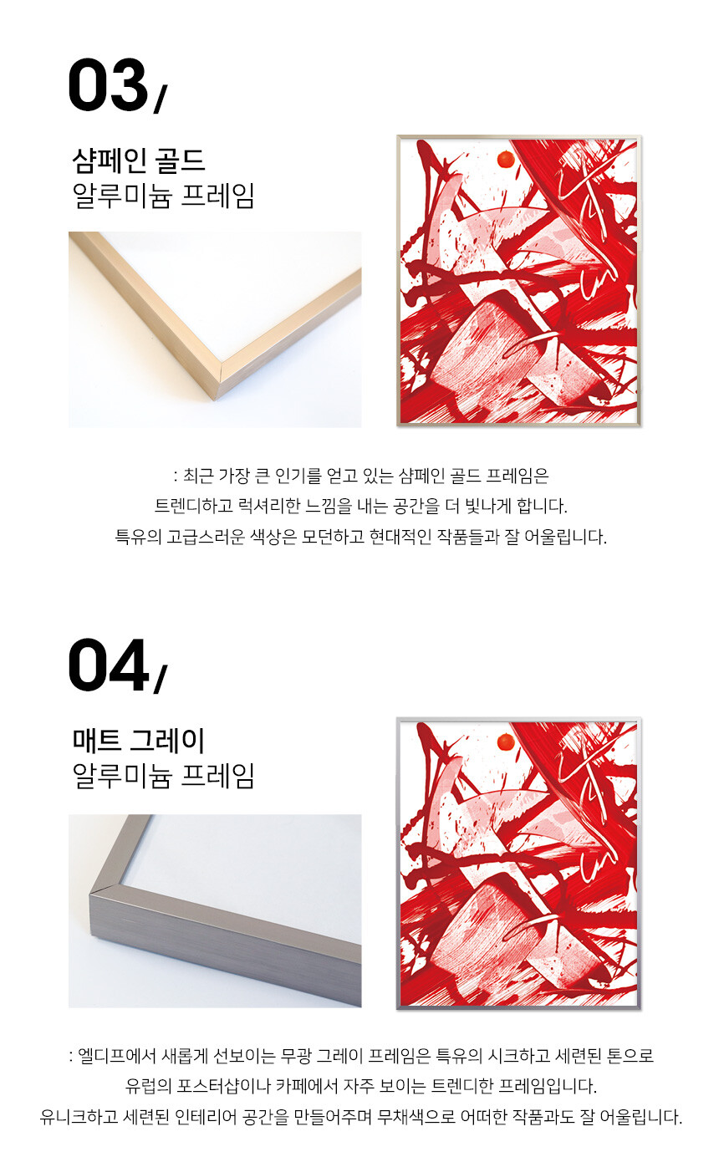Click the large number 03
(109, 85)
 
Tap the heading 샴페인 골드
(139, 161)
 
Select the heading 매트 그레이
(139, 741)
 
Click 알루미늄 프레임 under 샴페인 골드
(164, 196)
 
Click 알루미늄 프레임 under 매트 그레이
(164, 776)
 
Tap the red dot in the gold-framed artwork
(506, 160)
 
